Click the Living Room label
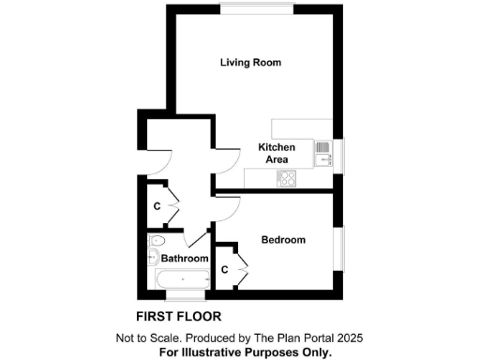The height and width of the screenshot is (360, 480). point(250,63)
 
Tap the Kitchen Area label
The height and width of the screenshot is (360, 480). point(277,154)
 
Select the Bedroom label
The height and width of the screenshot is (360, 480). point(283,240)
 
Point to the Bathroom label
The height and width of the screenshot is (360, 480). point(184,258)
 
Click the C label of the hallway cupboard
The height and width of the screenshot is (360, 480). point(158,205)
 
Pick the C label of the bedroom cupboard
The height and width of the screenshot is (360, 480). point(225,269)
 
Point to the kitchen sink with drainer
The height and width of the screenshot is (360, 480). point(322,151)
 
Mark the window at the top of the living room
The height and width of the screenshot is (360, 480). point(254,10)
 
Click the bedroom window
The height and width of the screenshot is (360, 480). point(341,247)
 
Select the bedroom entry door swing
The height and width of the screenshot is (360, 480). point(228,207)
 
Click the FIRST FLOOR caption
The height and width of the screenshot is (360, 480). point(178,316)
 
